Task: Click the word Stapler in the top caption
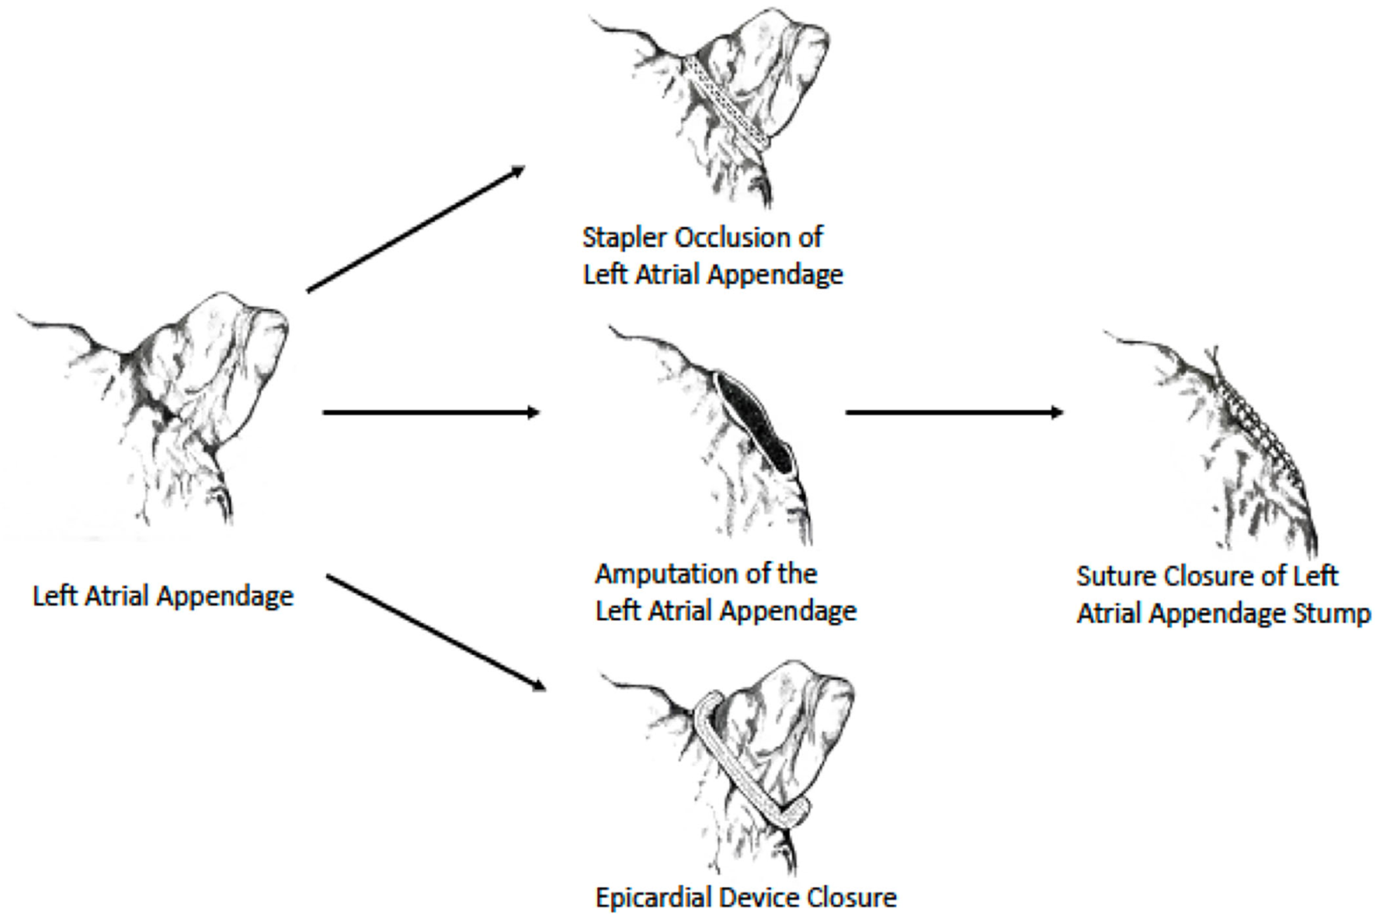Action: pyautogui.click(x=619, y=238)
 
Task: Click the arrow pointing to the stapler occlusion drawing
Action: pyautogui.click(x=415, y=229)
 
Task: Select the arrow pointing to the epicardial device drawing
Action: pyautogui.click(x=435, y=632)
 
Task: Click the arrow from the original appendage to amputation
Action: pyautogui.click(x=431, y=412)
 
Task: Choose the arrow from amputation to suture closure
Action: pyautogui.click(x=954, y=412)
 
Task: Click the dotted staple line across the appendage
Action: pyautogui.click(x=728, y=101)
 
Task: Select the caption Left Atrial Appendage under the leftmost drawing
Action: pyautogui.click(x=163, y=597)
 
